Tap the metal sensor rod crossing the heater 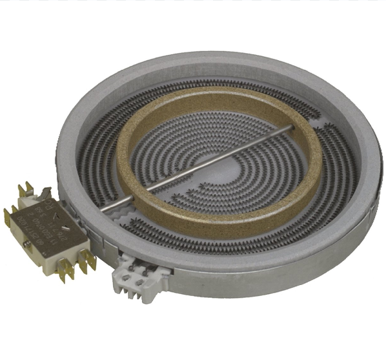(213, 165)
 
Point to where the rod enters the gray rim (103, 211)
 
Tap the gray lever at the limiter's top (46, 192)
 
